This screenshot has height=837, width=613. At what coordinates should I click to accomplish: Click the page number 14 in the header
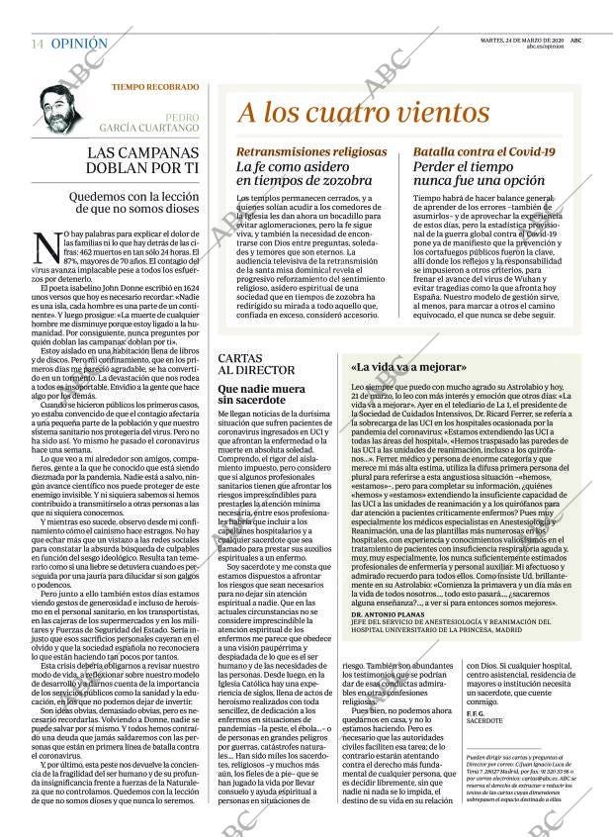pos(37,45)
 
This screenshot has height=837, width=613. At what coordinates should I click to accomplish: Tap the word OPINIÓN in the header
pos(79,45)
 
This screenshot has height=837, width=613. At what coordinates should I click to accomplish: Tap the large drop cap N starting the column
pos(44,243)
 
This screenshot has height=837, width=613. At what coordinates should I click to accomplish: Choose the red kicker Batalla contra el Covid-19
pos(483,151)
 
